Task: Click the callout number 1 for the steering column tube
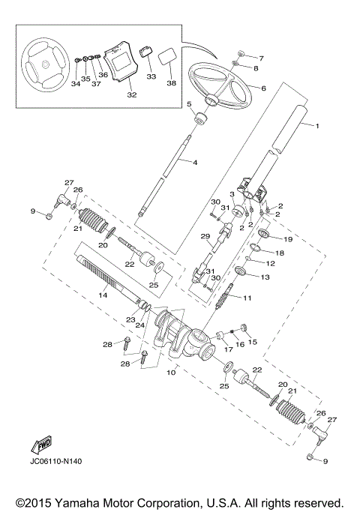tap(317, 126)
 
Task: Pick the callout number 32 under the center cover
tap(132, 95)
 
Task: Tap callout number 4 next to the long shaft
tap(194, 162)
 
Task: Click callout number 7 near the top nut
tap(261, 58)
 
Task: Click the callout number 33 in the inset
tap(151, 76)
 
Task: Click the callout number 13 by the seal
tap(265, 277)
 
